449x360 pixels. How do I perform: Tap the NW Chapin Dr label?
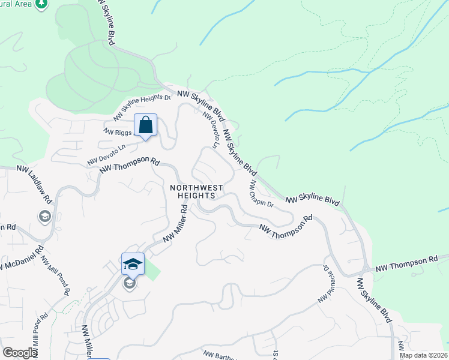pos(262,194)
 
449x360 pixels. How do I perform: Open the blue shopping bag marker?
pos(145,125)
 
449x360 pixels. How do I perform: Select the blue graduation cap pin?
pos(133,264)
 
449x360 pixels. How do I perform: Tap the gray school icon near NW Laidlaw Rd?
pos(44,216)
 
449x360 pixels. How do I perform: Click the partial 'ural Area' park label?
pos(14,4)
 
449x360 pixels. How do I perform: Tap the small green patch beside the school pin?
pos(152,271)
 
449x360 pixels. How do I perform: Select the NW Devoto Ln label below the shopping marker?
pos(107,154)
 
